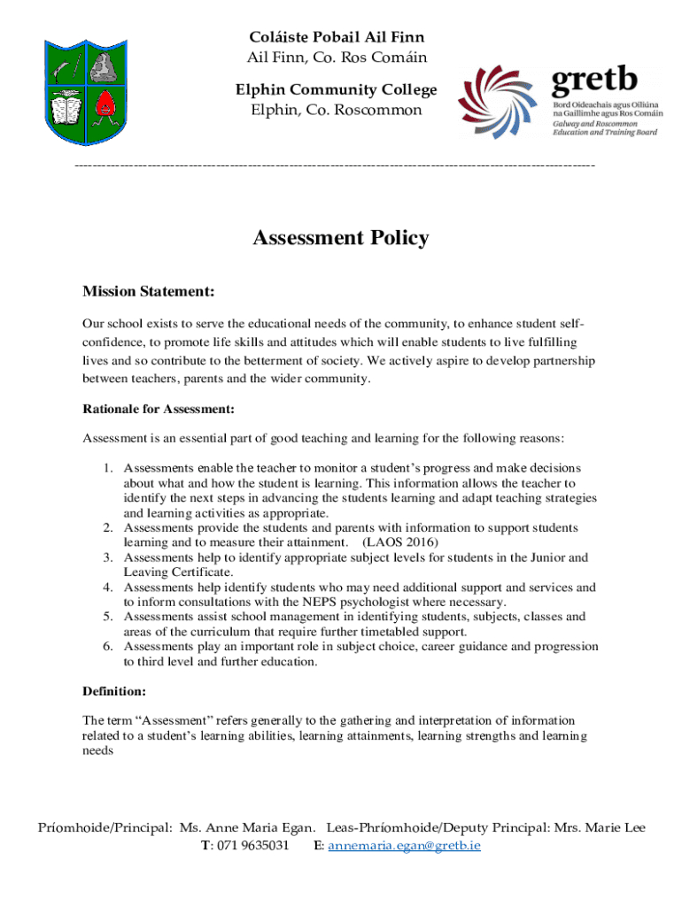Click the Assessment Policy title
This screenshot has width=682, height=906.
341,238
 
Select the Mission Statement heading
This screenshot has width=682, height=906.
148,291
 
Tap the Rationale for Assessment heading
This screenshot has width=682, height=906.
159,409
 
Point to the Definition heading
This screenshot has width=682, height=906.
114,690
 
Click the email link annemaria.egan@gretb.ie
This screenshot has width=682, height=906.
404,846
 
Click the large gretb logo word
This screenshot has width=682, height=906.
594,81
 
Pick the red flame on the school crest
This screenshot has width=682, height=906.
106,104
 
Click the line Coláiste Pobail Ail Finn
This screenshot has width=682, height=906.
336,37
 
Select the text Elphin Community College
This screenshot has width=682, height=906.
336,90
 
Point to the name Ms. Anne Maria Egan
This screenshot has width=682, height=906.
246,828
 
